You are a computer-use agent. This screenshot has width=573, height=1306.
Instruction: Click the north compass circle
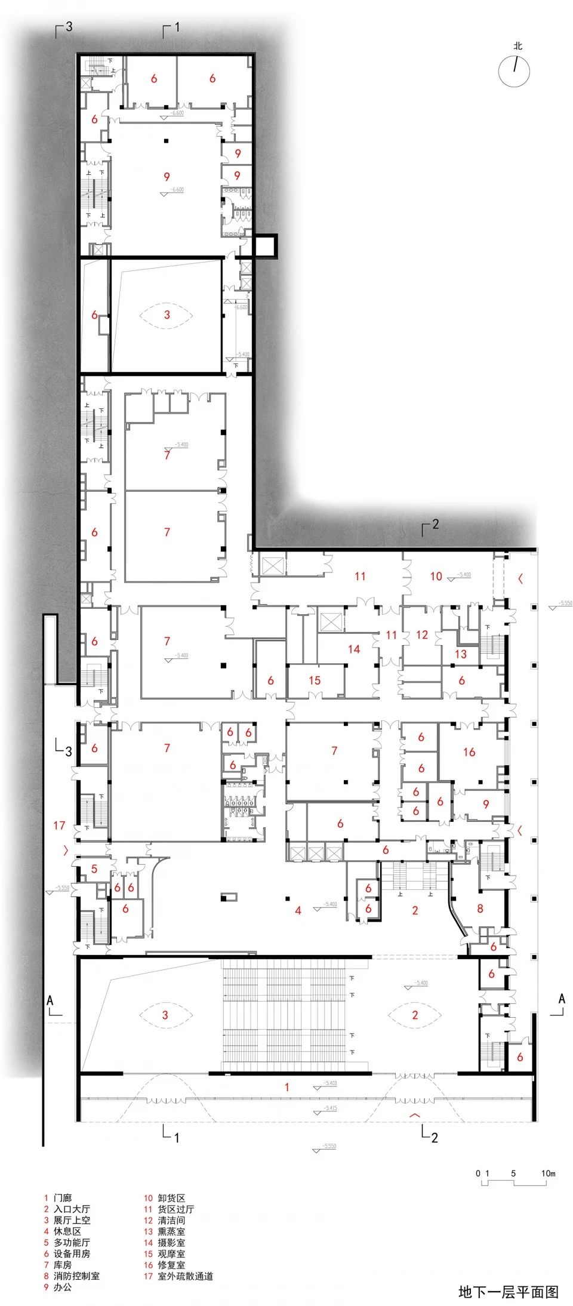[x=514, y=71]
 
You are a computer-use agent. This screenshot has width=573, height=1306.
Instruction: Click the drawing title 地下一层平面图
[x=509, y=1292]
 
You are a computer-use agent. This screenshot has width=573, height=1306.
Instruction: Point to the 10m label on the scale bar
[x=548, y=1173]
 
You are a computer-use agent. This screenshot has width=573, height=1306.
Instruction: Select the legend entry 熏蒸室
[x=171, y=1231]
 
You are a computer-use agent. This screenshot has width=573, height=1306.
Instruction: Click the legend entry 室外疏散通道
[x=185, y=1276]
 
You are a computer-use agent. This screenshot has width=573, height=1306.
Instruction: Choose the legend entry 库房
[x=63, y=1265]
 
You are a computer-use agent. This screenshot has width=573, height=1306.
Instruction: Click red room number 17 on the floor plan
[x=59, y=826]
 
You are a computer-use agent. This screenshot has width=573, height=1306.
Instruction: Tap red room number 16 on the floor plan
[x=469, y=752]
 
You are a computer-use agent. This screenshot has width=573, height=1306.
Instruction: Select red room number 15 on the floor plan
[x=315, y=680]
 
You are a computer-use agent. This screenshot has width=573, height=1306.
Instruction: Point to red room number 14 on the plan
[x=354, y=649]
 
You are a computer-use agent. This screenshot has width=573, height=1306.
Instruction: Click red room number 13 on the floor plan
[x=461, y=654]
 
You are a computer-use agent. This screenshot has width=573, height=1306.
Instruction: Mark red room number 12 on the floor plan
[x=422, y=634]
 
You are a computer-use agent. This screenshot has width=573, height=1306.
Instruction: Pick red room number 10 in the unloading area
[x=436, y=576]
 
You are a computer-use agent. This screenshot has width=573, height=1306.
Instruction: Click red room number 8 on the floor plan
[x=480, y=909]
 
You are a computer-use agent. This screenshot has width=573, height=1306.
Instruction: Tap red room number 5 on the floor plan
[x=94, y=869]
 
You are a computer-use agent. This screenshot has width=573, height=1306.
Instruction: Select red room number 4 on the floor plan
[x=298, y=910]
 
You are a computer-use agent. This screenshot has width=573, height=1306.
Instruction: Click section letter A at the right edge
[x=561, y=999]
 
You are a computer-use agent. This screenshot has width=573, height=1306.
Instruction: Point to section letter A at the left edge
[x=50, y=1000]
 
